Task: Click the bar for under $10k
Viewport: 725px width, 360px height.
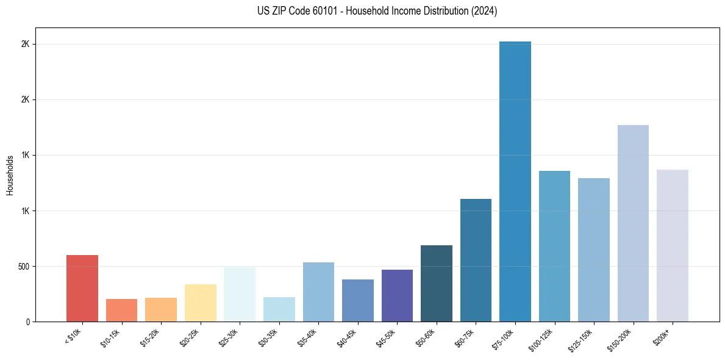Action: [x=82, y=288]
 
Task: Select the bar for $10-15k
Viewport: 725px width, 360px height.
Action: [x=121, y=310]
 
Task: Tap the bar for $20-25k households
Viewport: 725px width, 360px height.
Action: [x=201, y=303]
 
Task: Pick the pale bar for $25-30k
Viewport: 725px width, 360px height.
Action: [x=240, y=294]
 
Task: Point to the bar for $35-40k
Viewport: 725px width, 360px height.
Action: [x=318, y=292]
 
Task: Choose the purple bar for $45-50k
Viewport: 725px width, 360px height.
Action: [x=397, y=295]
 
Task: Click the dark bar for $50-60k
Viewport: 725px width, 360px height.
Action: [x=437, y=283]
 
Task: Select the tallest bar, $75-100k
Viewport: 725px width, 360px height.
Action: [x=515, y=181]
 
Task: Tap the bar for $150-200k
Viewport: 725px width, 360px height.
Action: [x=633, y=223]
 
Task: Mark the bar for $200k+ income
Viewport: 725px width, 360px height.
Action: [x=673, y=245]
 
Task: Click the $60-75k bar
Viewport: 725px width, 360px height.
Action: [x=476, y=260]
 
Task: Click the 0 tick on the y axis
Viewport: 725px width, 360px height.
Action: [x=28, y=322]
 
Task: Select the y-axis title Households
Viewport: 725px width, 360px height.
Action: [x=10, y=175]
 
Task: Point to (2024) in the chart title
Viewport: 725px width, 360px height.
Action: [x=485, y=11]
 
